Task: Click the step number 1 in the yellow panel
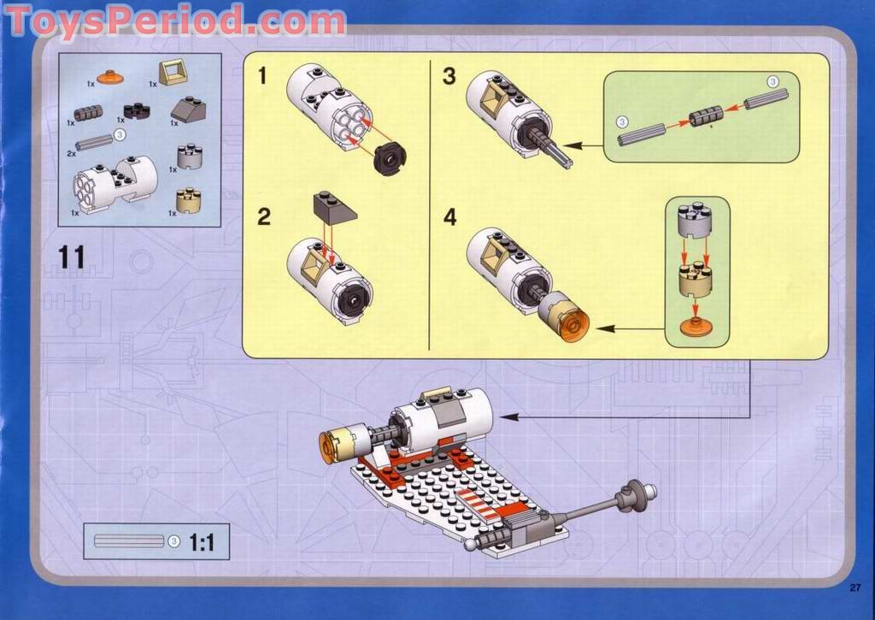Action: click(262, 77)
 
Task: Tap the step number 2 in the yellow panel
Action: click(264, 216)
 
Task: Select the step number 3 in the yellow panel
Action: click(449, 77)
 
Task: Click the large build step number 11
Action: click(73, 256)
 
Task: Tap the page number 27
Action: click(854, 586)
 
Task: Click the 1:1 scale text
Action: click(202, 540)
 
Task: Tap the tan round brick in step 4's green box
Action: click(696, 278)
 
